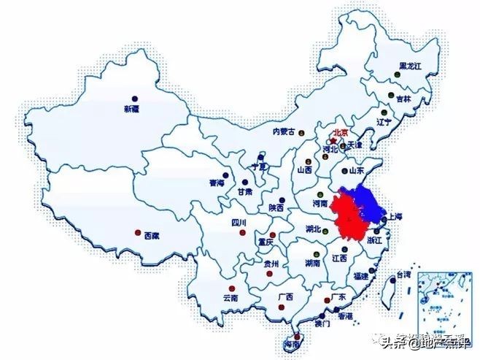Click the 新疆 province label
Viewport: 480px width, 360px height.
131,109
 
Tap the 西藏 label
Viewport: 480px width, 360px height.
152,236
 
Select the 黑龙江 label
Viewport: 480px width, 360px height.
411,66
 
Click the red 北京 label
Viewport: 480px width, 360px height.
340,134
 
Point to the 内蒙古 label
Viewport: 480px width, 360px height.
284,132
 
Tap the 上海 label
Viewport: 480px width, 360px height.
395,217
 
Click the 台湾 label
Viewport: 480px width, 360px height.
403,275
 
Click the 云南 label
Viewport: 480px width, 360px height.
231,298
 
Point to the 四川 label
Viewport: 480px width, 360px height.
239,222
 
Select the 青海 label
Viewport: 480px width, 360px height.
217,183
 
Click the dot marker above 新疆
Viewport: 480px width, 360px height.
134,98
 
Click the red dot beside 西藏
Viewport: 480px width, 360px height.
138,233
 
